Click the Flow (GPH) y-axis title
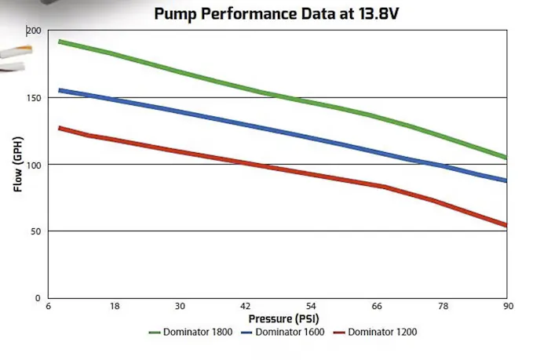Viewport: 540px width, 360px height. (16, 164)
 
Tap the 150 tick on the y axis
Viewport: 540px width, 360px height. (33, 97)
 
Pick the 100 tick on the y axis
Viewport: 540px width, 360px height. (33, 164)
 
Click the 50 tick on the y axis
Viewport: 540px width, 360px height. (35, 231)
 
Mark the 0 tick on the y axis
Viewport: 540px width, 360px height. (38, 298)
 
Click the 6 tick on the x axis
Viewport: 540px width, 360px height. (49, 307)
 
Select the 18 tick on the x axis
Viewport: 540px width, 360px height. (114, 307)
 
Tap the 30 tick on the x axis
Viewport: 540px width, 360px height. (180, 307)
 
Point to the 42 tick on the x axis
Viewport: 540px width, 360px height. (246, 307)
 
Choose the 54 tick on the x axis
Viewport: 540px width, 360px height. (312, 307)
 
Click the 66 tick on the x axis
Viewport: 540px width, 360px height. (377, 307)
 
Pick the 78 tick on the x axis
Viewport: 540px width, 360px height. (443, 307)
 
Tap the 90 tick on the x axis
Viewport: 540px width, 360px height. (508, 307)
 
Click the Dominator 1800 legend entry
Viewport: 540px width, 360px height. (192, 332)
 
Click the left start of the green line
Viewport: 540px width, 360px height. (60, 42)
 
